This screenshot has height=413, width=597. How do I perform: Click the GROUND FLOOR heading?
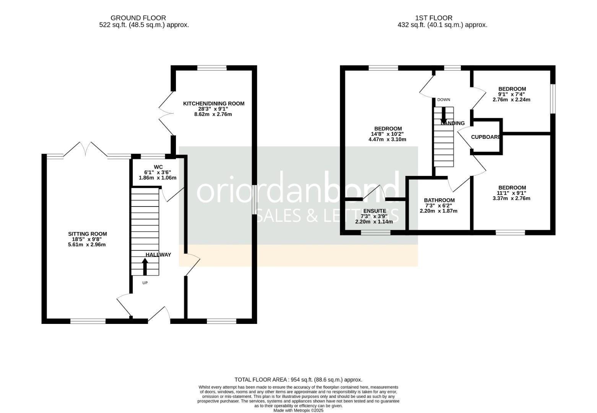138,18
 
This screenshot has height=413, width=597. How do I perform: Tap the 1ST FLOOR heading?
434,18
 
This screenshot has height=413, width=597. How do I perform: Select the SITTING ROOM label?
88,234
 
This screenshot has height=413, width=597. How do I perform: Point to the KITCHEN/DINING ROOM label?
213,103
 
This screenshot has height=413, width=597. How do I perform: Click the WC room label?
158,167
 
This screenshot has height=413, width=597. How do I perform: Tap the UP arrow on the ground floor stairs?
145,267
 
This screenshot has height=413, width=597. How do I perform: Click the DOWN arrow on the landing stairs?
444,115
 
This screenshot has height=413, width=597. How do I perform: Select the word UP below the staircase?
145,283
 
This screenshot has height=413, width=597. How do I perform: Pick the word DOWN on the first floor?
444,100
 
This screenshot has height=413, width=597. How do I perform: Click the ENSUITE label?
374,211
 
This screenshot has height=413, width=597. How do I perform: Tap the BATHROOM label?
439,200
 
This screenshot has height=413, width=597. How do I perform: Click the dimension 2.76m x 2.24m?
511,100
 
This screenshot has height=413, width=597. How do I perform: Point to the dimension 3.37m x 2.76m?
511,198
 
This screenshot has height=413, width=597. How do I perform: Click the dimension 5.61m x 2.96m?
87,245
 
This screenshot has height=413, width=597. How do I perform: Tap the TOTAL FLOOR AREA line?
298,380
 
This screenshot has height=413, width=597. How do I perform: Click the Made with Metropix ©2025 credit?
298,411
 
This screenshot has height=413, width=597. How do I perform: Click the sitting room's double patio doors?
86,149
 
